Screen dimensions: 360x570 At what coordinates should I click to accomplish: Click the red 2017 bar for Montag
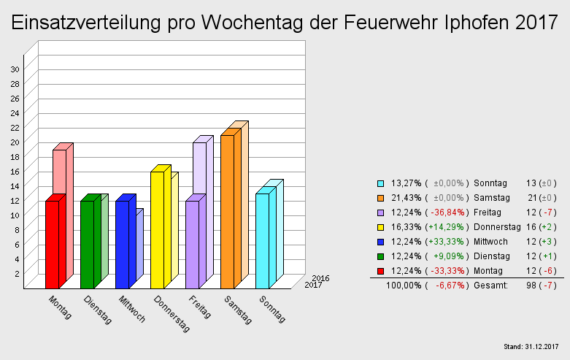[x=52, y=245]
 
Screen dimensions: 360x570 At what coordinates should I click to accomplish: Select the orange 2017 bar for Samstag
[x=227, y=212]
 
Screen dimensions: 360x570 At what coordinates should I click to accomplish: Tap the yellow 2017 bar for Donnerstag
[x=157, y=230]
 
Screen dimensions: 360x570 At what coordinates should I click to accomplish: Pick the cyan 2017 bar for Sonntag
[x=262, y=241]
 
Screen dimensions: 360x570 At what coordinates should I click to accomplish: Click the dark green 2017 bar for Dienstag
[x=87, y=245]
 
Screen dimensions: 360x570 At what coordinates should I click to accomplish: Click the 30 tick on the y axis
[x=15, y=69]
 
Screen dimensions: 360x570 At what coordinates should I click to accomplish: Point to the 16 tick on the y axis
[x=15, y=171]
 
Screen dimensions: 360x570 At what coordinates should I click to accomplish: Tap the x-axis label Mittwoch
[x=132, y=309]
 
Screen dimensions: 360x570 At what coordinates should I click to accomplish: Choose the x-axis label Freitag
[x=200, y=307]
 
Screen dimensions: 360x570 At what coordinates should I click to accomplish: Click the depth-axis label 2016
[x=320, y=278]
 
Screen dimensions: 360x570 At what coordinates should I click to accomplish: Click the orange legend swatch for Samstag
[x=380, y=197]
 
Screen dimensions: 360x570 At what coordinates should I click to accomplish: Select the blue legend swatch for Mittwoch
[x=380, y=241]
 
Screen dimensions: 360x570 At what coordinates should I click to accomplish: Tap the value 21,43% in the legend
[x=406, y=197]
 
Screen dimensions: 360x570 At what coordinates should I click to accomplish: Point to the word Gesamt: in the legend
[x=490, y=285]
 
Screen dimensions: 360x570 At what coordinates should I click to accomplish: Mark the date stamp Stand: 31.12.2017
[x=531, y=345]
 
